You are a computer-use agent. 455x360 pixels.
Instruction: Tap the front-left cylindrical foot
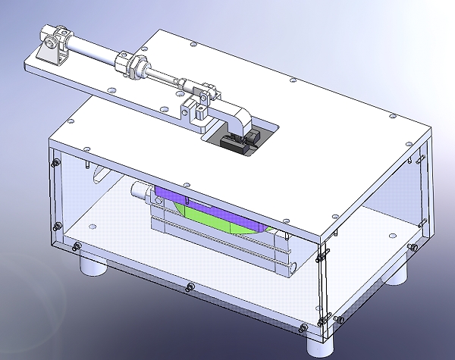93,265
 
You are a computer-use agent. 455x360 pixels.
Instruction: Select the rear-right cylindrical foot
398,271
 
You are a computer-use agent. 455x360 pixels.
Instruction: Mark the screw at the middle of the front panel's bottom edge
187,286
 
